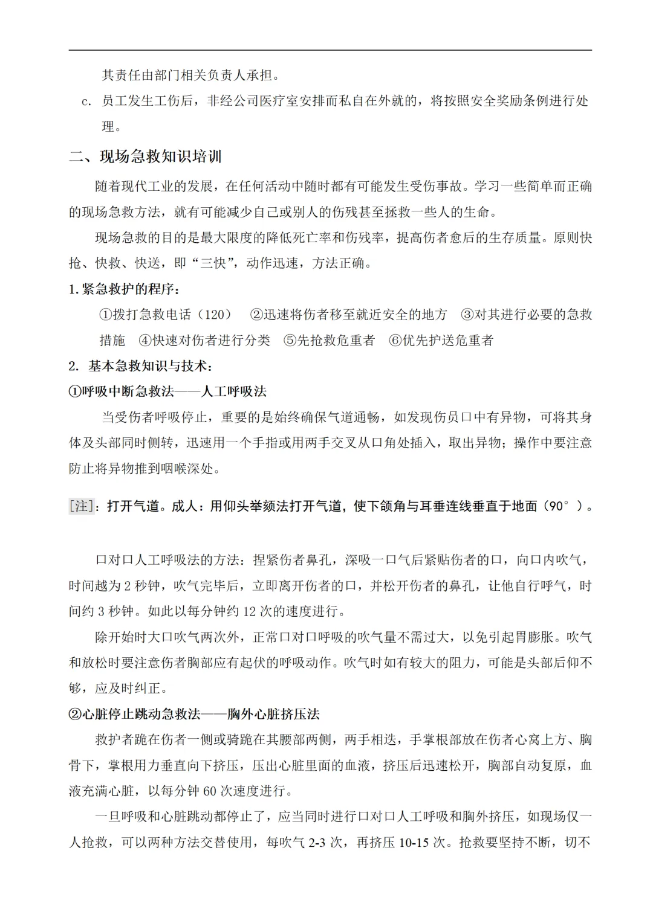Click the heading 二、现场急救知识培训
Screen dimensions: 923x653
coord(145,157)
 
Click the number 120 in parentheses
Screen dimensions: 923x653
coord(214,315)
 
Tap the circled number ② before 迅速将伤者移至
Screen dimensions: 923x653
coord(256,315)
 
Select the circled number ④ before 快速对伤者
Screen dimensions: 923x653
coord(145,341)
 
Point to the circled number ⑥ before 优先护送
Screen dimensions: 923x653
coord(395,341)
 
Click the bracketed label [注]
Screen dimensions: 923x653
coord(82,506)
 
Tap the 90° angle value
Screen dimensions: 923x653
coord(559,506)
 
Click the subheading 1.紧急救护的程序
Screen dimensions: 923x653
coord(124,289)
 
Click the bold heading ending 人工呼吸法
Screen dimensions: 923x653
coord(167,391)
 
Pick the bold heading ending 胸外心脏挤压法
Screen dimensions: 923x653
coord(193,714)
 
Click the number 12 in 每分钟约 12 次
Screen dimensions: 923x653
coord(250,611)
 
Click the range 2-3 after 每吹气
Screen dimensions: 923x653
coord(318,842)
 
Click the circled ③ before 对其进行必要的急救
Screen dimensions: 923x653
coord(467,315)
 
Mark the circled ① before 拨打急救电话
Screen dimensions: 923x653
coord(106,315)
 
